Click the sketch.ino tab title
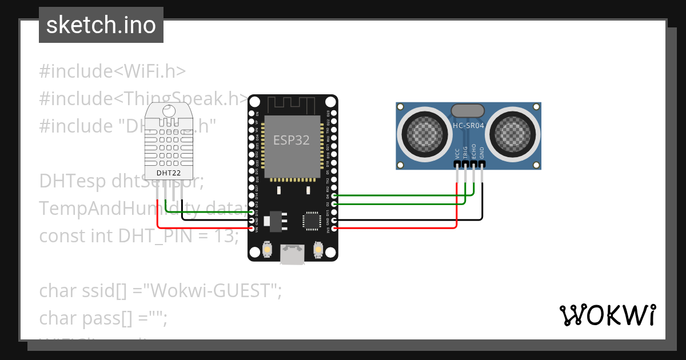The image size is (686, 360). (x=101, y=25)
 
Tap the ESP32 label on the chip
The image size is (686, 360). (x=292, y=140)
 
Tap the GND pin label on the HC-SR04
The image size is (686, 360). (x=482, y=153)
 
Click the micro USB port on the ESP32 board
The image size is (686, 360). (x=292, y=255)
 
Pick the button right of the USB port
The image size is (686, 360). (x=318, y=250)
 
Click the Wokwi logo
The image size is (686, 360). (x=607, y=315)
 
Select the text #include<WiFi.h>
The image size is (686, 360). (x=113, y=71)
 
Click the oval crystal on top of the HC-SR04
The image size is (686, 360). (x=468, y=110)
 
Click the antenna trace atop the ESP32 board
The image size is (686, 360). (x=292, y=105)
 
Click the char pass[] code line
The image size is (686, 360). (x=103, y=317)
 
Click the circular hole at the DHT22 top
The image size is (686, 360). (x=167, y=111)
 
